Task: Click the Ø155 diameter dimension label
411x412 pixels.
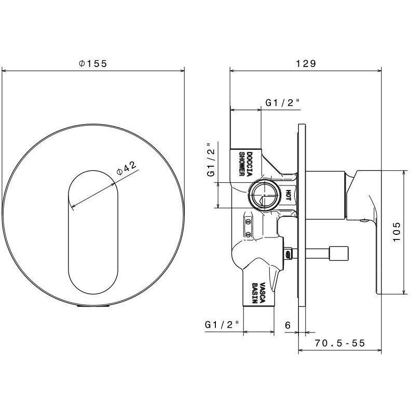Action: tap(93, 63)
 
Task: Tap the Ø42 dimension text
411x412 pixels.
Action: tap(127, 168)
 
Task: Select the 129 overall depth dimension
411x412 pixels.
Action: tap(306, 63)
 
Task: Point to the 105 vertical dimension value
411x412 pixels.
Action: tap(396, 233)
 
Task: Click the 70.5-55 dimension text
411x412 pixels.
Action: tap(340, 343)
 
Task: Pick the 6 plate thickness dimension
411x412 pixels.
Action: tap(288, 325)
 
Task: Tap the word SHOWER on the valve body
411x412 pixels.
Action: tap(242, 164)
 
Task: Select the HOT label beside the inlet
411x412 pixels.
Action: tap(288, 195)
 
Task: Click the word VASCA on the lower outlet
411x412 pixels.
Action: tap(263, 293)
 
